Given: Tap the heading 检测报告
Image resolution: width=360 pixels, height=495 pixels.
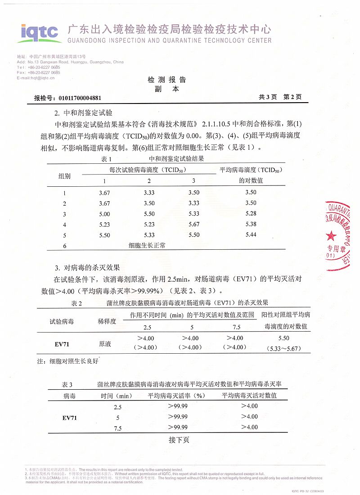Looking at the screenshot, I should pos(166,80).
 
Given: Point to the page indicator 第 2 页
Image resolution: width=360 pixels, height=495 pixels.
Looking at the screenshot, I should pos(292,97).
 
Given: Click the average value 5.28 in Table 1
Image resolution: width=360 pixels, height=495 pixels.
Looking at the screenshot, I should pos(251,213).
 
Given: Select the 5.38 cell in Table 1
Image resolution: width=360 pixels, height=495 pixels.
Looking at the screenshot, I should pos(251,224).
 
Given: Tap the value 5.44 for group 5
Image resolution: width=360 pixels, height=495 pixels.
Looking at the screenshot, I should pos(251,235).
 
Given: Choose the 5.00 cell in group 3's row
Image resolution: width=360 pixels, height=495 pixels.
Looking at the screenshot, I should pos(104,214).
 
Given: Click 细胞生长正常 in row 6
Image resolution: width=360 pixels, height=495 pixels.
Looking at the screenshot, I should pos(147,245).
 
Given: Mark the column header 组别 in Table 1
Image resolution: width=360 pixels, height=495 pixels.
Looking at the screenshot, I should pos(65,176).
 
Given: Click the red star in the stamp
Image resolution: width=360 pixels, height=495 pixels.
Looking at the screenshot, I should pos(331,235).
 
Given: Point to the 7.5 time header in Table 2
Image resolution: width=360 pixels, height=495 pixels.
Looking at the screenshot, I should pos(236,327).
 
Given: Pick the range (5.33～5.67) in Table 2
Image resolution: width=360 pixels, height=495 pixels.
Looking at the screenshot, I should pos(284,348).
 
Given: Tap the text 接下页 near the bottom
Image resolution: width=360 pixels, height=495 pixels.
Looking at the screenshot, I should pos(179,440).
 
